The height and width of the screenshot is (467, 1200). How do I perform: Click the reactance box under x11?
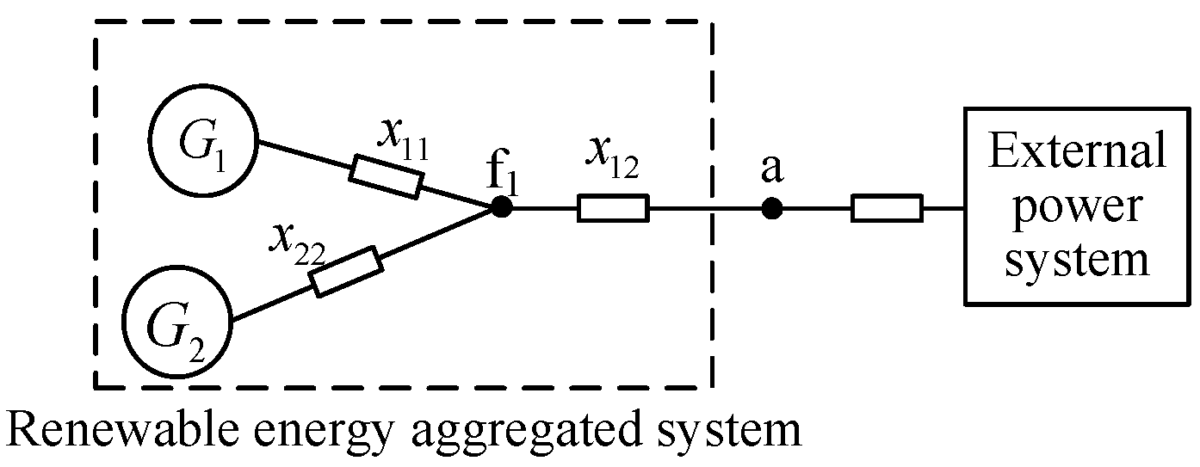(x=387, y=176)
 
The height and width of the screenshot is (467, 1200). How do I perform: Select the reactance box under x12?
(x=612, y=208)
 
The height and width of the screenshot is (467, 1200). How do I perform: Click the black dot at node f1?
(x=501, y=207)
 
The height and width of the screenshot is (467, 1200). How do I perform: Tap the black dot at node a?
(x=772, y=208)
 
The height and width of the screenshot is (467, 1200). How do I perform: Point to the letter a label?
(x=771, y=170)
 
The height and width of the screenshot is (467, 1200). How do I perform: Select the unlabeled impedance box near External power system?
(x=887, y=208)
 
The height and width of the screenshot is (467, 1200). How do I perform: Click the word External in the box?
(x=1076, y=152)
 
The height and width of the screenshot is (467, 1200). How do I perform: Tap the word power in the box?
(x=1075, y=207)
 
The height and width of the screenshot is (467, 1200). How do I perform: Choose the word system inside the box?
(x=1077, y=259)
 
